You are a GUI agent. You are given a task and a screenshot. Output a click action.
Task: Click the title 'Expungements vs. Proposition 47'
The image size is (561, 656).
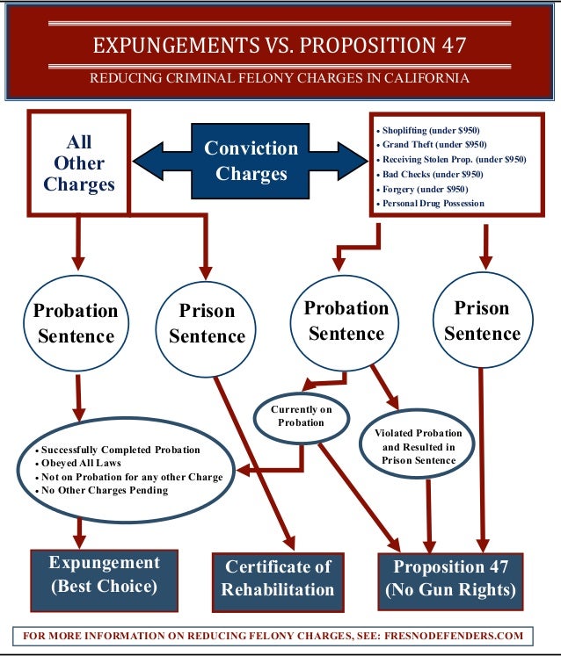pos(280,44)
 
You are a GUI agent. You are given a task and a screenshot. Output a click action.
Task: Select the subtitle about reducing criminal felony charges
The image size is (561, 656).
pos(280,79)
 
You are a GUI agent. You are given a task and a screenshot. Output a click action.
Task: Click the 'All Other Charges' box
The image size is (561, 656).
pos(78,162)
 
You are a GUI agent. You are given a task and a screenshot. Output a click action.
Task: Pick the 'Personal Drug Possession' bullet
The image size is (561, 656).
pos(433,203)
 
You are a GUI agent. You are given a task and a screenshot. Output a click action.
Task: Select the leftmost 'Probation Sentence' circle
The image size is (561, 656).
pos(75,322)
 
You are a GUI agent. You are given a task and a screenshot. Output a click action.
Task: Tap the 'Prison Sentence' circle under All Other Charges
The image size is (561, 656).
pos(207,323)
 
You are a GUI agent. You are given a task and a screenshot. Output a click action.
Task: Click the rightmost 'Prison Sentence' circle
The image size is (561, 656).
pos(482,321)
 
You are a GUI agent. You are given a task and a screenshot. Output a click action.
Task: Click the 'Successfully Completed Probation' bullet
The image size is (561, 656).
pos(120,450)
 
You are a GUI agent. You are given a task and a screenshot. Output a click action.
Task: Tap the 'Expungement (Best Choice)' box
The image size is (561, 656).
pos(104,573)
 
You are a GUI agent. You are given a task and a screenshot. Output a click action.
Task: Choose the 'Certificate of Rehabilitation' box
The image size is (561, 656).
pos(278,579)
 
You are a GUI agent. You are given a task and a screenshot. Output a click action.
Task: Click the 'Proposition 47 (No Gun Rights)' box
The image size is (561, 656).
pos(451,578)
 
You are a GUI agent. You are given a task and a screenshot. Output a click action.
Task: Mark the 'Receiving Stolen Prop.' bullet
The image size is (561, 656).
pos(454,159)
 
